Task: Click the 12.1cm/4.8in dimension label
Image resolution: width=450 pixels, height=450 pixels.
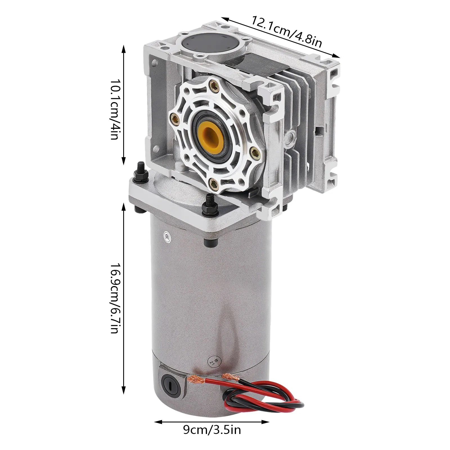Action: point(286,32)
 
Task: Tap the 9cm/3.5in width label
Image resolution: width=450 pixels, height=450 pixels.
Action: point(212,430)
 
